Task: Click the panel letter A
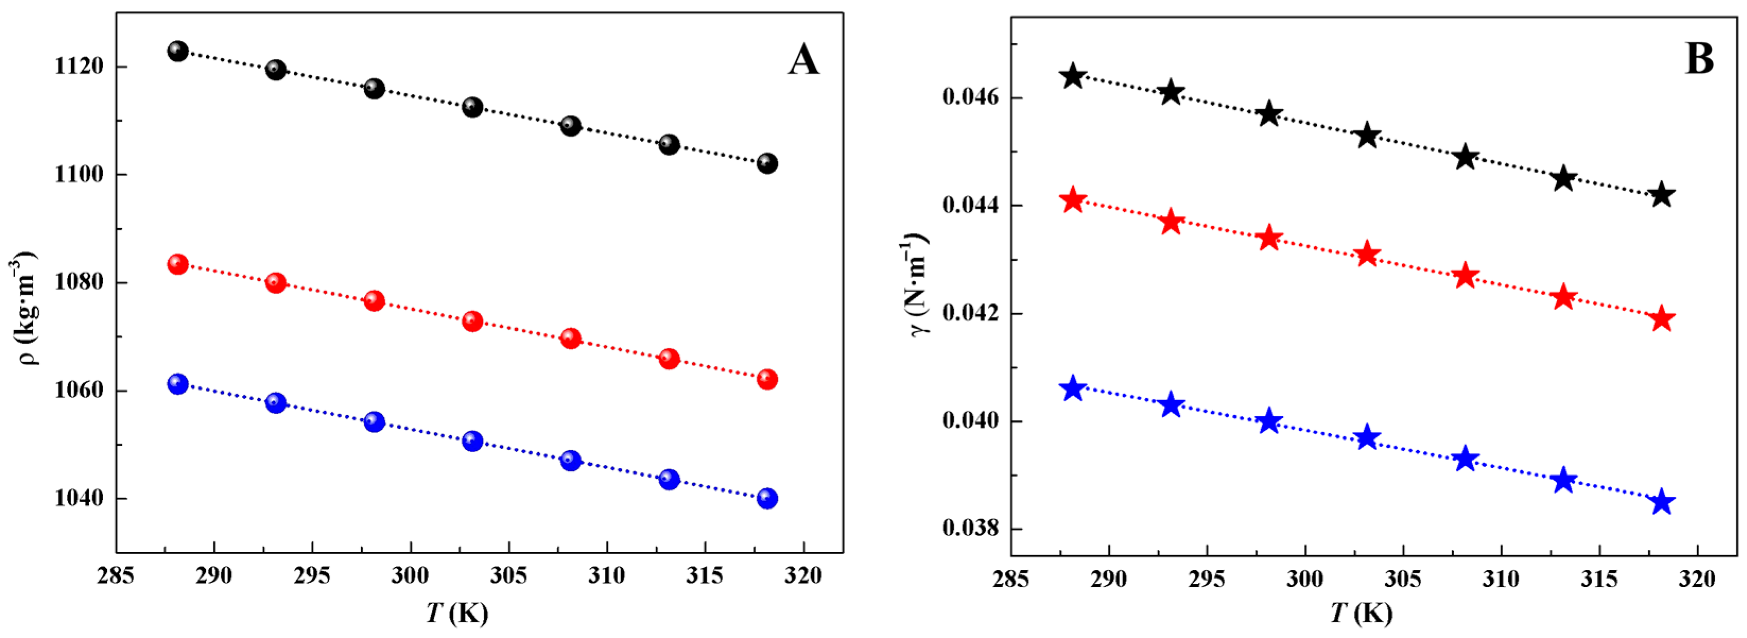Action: click(803, 60)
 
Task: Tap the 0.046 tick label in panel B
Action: click(970, 98)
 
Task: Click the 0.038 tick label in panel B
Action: click(970, 529)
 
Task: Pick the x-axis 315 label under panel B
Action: click(1599, 580)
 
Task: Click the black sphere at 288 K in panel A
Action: click(178, 51)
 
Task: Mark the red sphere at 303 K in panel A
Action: click(473, 321)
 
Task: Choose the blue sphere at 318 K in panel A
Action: click(767, 498)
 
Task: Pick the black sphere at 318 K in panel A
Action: click(767, 163)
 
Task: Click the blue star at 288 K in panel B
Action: click(1073, 389)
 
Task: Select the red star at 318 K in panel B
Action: click(1662, 319)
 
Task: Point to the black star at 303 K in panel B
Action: click(1367, 136)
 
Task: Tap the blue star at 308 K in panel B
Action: click(1465, 459)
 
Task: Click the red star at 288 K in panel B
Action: click(1073, 201)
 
